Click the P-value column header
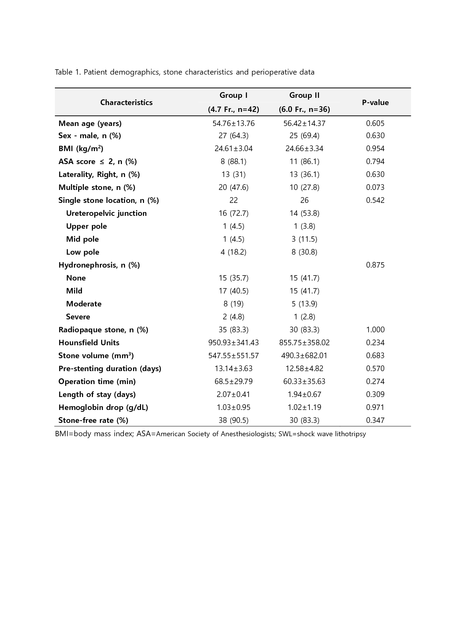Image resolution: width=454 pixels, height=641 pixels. click(x=375, y=102)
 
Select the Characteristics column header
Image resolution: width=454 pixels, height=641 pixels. click(x=126, y=102)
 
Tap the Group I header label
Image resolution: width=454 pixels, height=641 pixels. click(x=233, y=95)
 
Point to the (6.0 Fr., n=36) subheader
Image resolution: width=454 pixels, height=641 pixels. click(x=304, y=110)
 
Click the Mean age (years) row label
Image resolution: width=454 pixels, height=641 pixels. click(x=90, y=123)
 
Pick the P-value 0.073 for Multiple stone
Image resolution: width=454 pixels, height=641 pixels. click(x=375, y=187)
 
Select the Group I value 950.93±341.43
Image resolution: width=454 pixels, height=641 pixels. click(x=233, y=343)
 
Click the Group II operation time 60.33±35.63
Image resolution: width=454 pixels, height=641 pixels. click(x=304, y=381)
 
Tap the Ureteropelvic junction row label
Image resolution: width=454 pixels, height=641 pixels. click(x=106, y=213)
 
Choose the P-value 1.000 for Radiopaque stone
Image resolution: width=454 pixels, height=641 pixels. click(x=375, y=330)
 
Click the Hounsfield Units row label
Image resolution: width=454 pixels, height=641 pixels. click(x=89, y=343)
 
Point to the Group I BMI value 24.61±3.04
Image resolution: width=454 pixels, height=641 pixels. click(x=233, y=148)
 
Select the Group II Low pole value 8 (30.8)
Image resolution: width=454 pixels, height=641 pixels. click(x=304, y=252)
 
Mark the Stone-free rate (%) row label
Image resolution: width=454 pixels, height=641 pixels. click(x=93, y=420)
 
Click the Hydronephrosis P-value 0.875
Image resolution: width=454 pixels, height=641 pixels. click(x=375, y=265)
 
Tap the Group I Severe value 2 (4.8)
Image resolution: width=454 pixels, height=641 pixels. click(x=233, y=317)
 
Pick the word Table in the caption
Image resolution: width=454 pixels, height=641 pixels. click(x=64, y=72)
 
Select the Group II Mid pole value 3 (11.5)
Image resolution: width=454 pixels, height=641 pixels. click(x=304, y=239)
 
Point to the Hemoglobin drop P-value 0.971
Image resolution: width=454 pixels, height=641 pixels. click(x=375, y=407)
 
